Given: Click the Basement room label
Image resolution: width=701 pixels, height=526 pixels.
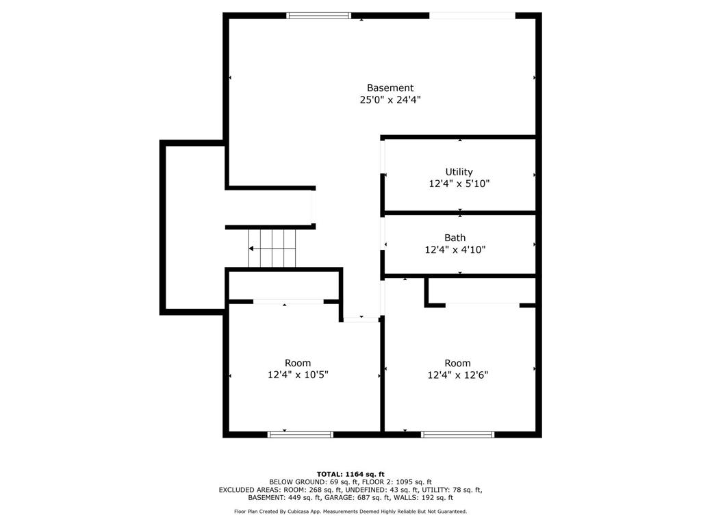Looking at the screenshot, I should (390, 88).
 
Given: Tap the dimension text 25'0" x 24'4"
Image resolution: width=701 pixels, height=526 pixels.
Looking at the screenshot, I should (390, 100).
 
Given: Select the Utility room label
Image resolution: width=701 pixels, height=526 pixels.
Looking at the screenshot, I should (459, 172).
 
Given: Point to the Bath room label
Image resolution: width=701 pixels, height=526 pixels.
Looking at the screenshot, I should (455, 238).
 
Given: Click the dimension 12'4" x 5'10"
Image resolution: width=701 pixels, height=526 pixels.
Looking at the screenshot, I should (459, 184).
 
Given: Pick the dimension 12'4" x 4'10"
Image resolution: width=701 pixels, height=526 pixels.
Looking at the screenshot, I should (455, 250).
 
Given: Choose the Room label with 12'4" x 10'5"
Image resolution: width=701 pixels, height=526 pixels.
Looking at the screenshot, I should (298, 363).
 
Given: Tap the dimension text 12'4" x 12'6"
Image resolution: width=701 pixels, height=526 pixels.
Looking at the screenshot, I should (457, 375).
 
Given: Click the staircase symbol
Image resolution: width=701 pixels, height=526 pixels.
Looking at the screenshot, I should (272, 248).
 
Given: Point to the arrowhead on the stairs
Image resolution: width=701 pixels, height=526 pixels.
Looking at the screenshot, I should (251, 248).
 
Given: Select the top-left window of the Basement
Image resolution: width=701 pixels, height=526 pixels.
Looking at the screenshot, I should (318, 15).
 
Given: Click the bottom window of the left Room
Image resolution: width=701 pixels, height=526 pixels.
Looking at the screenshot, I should (300, 434).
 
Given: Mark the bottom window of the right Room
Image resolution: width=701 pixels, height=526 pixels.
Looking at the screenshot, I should (457, 434).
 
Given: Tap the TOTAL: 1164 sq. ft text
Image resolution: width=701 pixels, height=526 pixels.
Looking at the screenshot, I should (350, 474).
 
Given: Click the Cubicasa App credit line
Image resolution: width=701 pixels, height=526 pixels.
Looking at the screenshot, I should (350, 512).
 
